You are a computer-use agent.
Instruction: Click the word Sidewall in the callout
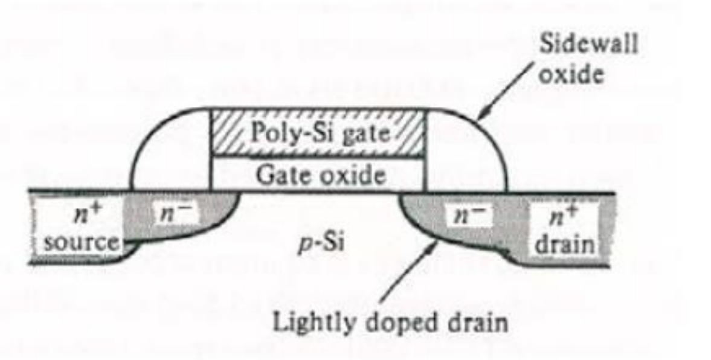point(588,45)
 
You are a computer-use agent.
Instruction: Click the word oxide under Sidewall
point(571,73)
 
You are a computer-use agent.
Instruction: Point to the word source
point(81,243)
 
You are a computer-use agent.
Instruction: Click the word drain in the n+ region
point(565,244)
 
